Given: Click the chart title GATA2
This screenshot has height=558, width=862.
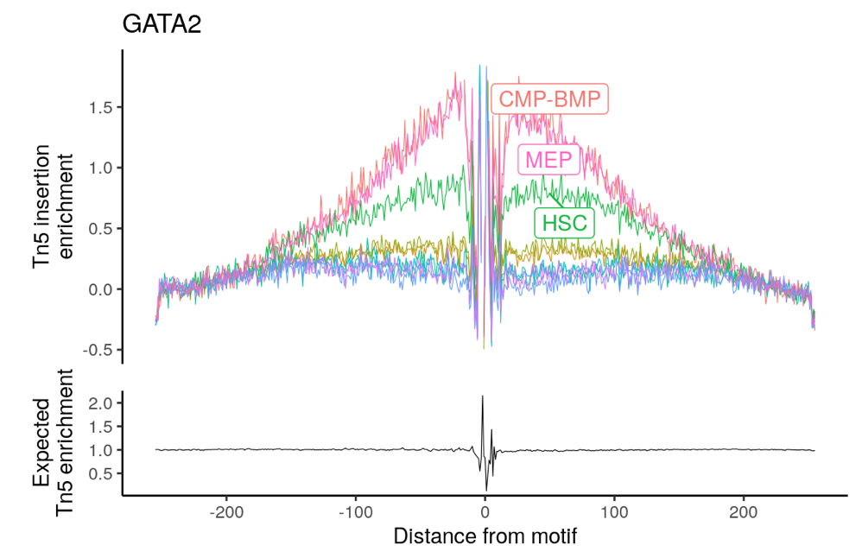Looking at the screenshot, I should (x=162, y=24).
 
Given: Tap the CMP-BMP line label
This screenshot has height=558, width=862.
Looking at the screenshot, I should (x=549, y=99).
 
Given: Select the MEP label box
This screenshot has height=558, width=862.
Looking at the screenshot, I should (x=548, y=160).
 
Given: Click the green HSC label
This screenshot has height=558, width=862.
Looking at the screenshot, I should (x=565, y=222).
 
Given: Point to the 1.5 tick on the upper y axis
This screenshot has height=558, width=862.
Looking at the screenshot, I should (x=102, y=107).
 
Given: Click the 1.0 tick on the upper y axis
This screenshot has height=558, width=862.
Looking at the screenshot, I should (x=102, y=168).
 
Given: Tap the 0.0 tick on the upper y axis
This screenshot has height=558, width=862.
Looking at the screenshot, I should (x=102, y=289).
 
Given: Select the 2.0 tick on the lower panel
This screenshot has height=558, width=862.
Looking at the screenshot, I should (x=102, y=403).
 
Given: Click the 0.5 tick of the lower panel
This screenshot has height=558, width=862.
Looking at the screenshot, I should (x=102, y=473).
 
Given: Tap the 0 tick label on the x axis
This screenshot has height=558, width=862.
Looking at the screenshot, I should (x=485, y=510).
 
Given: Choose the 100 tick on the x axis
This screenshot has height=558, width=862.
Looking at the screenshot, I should (x=614, y=510).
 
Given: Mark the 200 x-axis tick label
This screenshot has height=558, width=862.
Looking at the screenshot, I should (x=743, y=510).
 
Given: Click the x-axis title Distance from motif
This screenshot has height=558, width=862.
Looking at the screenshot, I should (x=485, y=536).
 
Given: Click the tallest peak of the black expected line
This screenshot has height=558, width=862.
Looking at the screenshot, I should (x=482, y=397).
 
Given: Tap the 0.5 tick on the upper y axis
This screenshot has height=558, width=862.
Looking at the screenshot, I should (x=102, y=229).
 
